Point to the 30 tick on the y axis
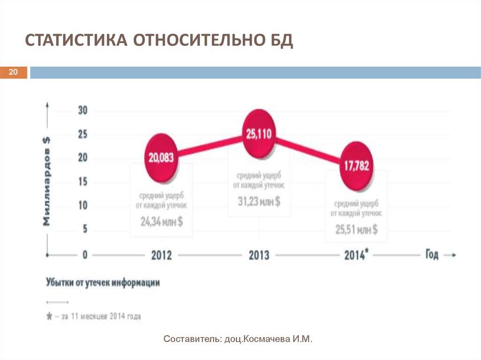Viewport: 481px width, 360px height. pos(82,111)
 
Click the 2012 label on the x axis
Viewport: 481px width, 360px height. pos(162,255)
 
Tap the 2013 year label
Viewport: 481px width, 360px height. pos(259,255)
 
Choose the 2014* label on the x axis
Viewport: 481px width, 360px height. pos(357,255)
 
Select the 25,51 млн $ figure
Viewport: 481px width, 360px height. pos(357,230)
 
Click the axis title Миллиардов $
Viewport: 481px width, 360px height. pos(47,181)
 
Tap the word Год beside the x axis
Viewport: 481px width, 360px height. pos(432,254)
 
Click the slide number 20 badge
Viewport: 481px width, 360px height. pos(13,72)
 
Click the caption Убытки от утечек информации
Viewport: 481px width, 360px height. pos(103,283)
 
